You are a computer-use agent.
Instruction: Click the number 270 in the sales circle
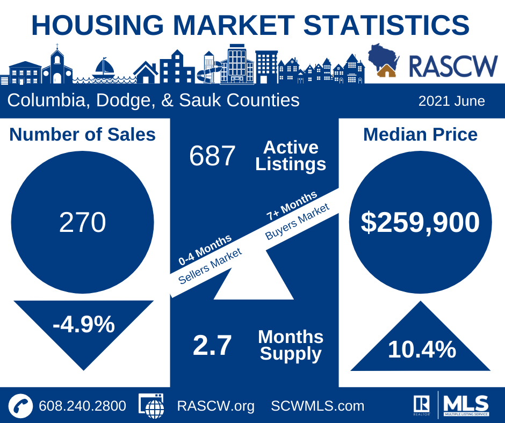(82, 223)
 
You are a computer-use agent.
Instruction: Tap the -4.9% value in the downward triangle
(83, 324)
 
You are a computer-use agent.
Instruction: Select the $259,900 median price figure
(420, 222)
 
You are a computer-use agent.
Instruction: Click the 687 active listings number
(212, 156)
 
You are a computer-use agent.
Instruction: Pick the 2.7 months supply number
(212, 346)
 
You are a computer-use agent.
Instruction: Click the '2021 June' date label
(451, 101)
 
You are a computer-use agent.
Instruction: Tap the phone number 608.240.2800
(82, 406)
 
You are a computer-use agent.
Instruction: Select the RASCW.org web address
(216, 406)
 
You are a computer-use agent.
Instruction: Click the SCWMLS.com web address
(318, 406)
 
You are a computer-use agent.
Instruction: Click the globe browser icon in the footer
(152, 406)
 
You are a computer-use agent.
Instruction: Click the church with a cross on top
(57, 66)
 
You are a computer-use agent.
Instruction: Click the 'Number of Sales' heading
(82, 134)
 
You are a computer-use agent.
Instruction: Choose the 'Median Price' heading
(420, 134)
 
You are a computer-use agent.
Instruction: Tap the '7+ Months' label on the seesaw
(291, 206)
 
